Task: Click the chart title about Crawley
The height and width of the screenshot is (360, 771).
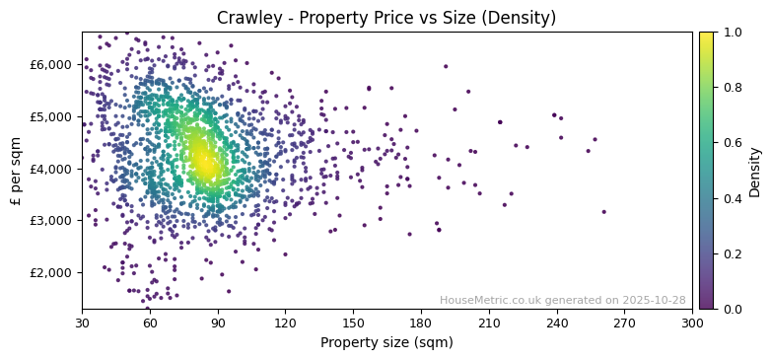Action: [386, 18]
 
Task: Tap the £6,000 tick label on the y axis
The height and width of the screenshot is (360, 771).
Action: [51, 64]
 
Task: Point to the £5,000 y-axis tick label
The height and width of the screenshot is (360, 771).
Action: [51, 116]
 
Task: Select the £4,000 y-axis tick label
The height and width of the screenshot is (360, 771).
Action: [51, 169]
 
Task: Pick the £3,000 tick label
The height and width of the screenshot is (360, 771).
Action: [51, 220]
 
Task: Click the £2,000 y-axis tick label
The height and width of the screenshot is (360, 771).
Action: [51, 272]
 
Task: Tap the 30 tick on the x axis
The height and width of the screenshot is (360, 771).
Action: [82, 322]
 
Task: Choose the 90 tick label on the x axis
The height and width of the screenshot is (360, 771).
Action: [218, 322]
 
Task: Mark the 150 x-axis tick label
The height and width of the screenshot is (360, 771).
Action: [353, 322]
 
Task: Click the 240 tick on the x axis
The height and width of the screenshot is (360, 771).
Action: [557, 322]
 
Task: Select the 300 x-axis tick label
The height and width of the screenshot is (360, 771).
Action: [692, 322]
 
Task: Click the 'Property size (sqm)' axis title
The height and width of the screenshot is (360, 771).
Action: [386, 342]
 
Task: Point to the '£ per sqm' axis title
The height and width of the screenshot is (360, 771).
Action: [16, 171]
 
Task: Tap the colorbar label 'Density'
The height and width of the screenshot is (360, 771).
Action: [755, 171]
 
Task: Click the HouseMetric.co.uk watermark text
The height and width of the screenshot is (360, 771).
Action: [562, 300]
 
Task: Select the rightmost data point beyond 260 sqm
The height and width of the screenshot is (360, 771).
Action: [604, 211]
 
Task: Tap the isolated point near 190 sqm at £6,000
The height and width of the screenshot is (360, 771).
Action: [446, 67]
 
